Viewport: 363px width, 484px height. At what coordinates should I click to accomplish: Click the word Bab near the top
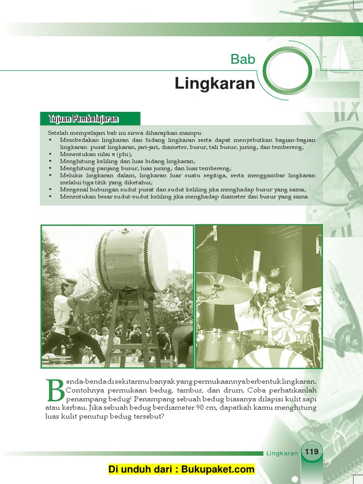point(243,60)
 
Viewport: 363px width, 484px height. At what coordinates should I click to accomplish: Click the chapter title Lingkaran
point(215,84)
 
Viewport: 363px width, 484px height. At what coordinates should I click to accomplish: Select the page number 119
point(311,452)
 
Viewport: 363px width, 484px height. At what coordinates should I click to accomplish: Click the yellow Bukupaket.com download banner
point(181,469)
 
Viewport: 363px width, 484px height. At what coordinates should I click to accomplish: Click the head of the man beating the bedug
point(69,285)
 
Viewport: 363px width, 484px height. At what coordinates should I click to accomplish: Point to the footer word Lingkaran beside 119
point(282,453)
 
